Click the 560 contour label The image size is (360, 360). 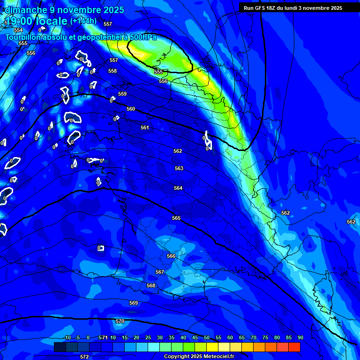coord(131,109)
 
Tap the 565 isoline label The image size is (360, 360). coord(176,218)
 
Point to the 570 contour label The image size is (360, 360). coord(120,321)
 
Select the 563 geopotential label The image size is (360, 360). coord(179,168)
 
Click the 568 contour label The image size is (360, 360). coord(151,285)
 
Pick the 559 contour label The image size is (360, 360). coord(122,94)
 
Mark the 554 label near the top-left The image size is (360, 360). coord(18,30)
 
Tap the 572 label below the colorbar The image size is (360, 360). coord(84,357)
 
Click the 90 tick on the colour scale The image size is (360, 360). coord(300,338)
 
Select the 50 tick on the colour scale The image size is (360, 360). coord(207,338)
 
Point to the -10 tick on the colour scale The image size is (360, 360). coord(67,338)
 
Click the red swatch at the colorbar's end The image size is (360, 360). coord(294,347)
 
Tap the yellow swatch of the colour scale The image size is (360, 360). coord(212,347)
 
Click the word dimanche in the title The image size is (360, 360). coord(26,10)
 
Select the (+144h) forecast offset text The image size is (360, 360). coord(83,21)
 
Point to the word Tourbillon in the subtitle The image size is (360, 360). coord(23,37)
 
